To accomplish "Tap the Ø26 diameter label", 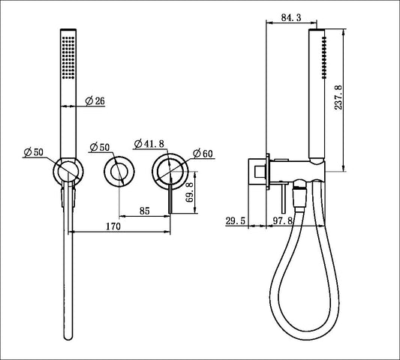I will click(95, 101).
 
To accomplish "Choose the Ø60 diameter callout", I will click(203, 154).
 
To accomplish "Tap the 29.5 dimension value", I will click(236, 220).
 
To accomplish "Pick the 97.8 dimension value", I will click(282, 220).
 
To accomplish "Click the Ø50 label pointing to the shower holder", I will click(34, 153).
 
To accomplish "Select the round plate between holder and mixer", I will click(117, 172).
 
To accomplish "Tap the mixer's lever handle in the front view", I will click(172, 201).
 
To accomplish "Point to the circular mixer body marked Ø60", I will click(168, 171).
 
